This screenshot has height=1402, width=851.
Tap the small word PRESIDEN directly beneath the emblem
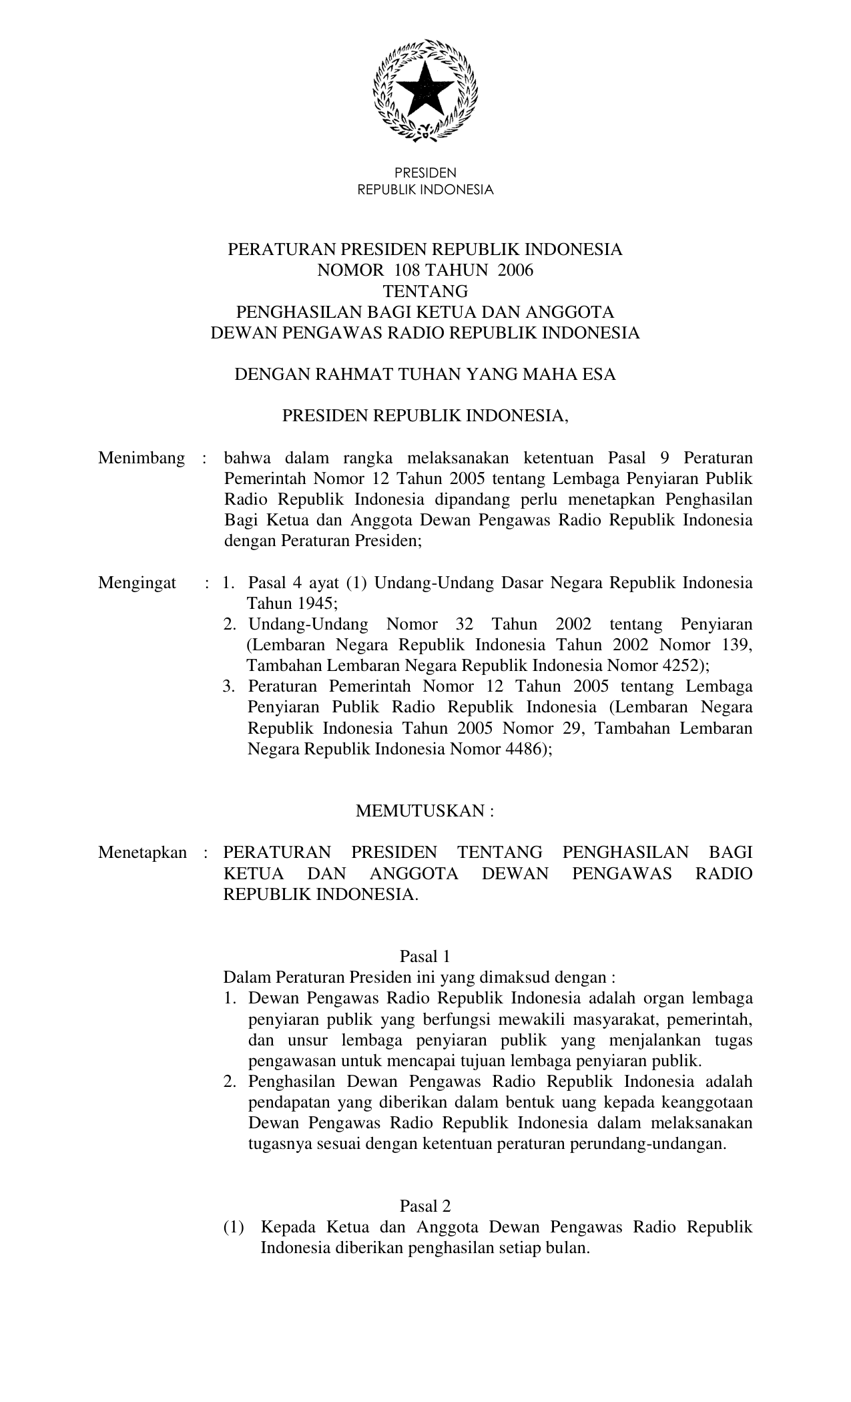(x=425, y=174)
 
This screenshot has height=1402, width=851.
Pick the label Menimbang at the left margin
(x=141, y=458)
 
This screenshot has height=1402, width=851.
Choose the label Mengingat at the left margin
(x=137, y=583)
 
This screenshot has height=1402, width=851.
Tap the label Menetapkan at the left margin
(x=142, y=853)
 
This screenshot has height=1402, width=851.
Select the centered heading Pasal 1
(x=425, y=957)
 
